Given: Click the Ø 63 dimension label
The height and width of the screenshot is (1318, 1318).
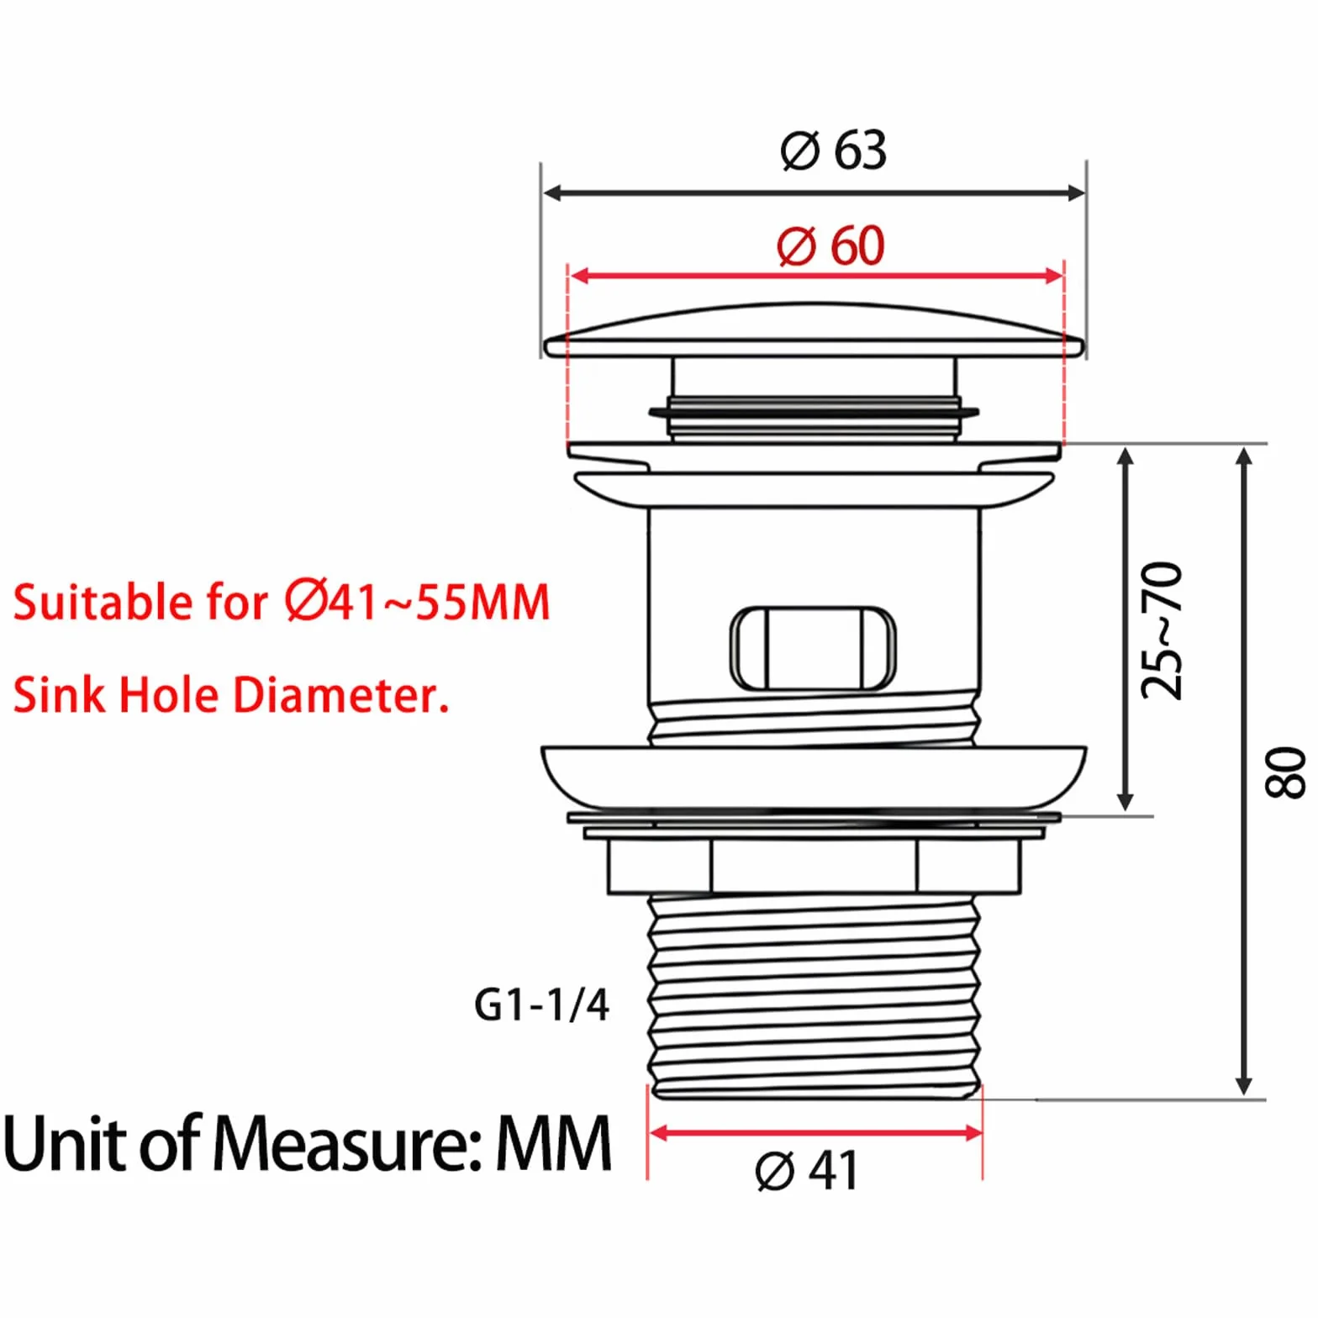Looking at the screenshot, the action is click(x=833, y=151).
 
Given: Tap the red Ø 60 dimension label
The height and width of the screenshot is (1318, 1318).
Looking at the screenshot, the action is click(x=830, y=246).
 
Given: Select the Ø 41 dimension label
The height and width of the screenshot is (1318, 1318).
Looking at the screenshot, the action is click(x=806, y=1170).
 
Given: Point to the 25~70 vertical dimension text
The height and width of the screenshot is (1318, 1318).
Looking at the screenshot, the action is click(x=1162, y=630).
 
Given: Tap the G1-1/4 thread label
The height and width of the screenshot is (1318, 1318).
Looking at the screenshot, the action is click(x=541, y=1004).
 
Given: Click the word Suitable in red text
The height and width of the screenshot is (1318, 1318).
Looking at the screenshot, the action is click(x=103, y=603).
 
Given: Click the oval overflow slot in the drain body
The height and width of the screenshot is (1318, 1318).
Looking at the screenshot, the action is click(x=813, y=648).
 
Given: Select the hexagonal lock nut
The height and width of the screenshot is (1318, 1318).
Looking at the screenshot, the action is click(x=814, y=866).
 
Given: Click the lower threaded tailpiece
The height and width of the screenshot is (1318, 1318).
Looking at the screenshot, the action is click(x=814, y=997).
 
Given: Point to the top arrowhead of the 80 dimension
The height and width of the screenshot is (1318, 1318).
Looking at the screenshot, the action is click(x=1245, y=457).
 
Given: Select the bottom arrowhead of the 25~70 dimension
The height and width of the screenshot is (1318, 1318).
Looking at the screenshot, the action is click(x=1126, y=801).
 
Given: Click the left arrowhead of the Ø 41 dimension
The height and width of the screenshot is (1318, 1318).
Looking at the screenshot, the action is click(x=660, y=1133).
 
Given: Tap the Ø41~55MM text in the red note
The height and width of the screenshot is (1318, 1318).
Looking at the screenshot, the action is click(x=417, y=602).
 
